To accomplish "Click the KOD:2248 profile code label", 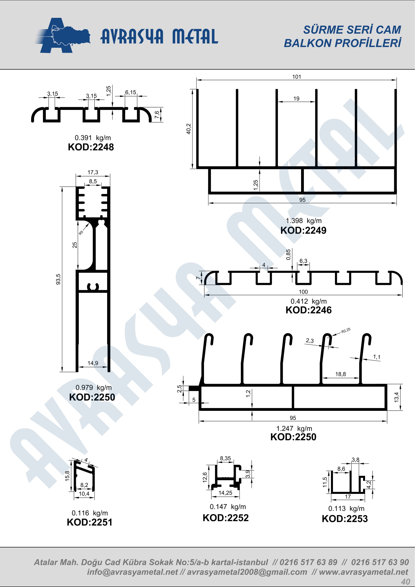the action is click(91, 147).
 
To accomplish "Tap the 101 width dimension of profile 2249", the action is click(296, 77).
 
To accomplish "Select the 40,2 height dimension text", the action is click(188, 129).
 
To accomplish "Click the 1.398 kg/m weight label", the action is click(304, 221).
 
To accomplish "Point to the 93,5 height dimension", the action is click(58, 279).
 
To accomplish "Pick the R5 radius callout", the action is click(81, 233).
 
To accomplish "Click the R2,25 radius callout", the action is click(346, 331).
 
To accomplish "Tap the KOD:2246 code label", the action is click(308, 310).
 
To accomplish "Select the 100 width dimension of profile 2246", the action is click(303, 292).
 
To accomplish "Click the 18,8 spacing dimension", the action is click(340, 374).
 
